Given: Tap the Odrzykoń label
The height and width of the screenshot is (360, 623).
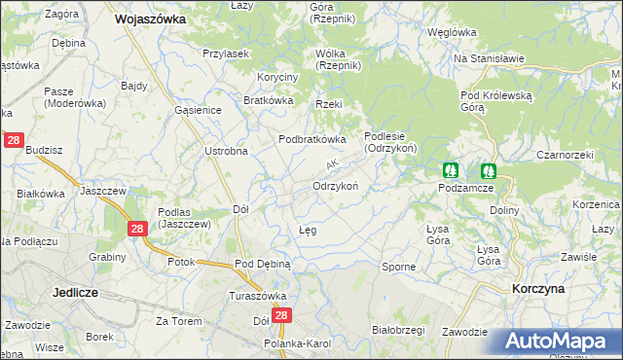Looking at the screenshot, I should click(336, 186).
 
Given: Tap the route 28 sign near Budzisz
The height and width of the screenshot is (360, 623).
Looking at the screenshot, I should click(13, 141).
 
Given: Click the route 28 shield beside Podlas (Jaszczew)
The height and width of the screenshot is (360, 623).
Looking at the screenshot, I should click(137, 228).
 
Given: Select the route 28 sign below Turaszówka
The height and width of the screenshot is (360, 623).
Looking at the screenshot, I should click(282, 316).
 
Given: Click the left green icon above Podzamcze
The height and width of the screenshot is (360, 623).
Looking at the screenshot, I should click(451, 169).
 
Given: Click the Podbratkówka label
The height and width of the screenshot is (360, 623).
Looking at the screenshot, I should click(312, 139).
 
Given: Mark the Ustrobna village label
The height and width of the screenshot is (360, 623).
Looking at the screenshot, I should click(226, 151).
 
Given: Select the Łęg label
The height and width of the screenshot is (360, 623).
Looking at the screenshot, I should click(308, 230).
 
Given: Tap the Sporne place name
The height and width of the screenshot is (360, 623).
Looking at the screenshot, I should click(398, 266).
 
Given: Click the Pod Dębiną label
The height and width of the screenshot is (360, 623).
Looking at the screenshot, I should click(263, 264).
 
